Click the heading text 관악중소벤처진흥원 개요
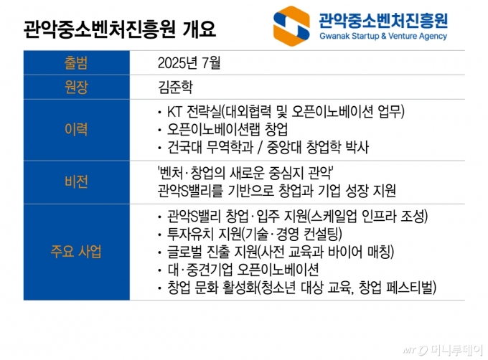click(118, 30)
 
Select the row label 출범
click(76, 63)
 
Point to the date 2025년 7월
click(189, 63)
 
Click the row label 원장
click(76, 89)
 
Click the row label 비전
click(76, 181)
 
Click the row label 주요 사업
click(76, 252)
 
